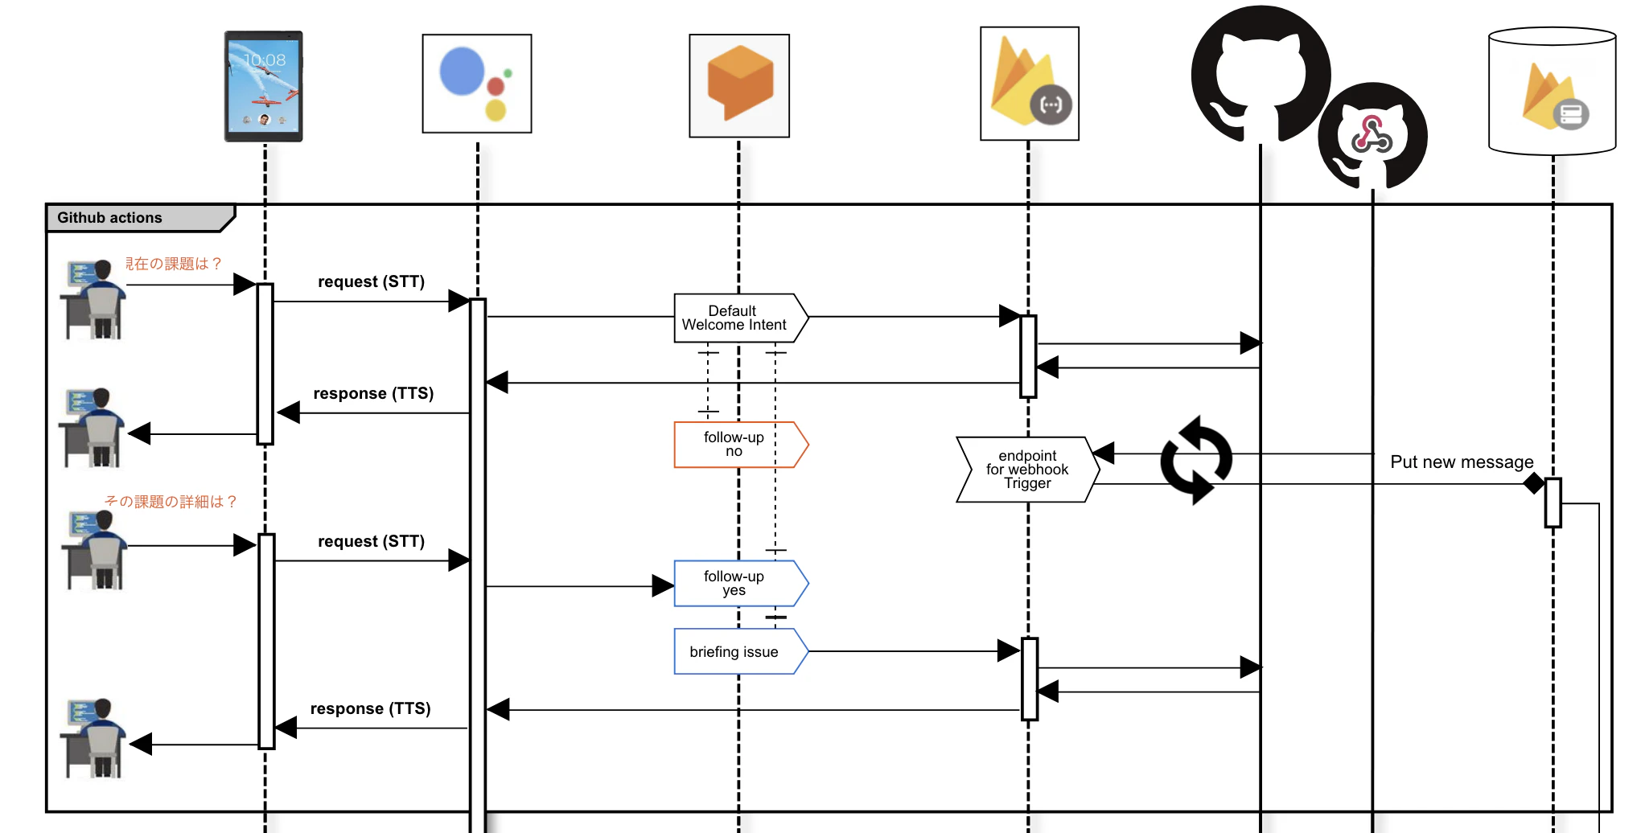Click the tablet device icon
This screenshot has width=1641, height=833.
pyautogui.click(x=264, y=86)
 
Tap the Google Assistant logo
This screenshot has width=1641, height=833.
pyautogui.click(x=477, y=84)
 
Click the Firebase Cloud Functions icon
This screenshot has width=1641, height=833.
pyautogui.click(x=1030, y=84)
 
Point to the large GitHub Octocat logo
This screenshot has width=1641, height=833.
pyautogui.click(x=1261, y=74)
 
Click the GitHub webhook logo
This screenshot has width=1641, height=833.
pyautogui.click(x=1372, y=135)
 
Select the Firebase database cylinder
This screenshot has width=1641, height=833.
pyautogui.click(x=1552, y=91)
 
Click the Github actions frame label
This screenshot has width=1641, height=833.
pyautogui.click(x=109, y=218)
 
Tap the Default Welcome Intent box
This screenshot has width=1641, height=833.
pyautogui.click(x=741, y=318)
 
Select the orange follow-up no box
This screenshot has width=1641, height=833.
pyautogui.click(x=741, y=445)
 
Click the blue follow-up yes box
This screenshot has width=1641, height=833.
pyautogui.click(x=741, y=583)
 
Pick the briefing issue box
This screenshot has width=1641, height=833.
pyautogui.click(x=741, y=651)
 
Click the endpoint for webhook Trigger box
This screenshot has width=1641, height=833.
pyautogui.click(x=1027, y=470)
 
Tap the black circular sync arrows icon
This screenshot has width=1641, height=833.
pyautogui.click(x=1196, y=460)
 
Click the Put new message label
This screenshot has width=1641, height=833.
pyautogui.click(x=1462, y=462)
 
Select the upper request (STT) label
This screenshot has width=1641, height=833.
pyautogui.click(x=371, y=281)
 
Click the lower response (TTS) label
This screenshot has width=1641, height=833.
pyautogui.click(x=370, y=708)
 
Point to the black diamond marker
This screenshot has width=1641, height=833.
pyautogui.click(x=1534, y=483)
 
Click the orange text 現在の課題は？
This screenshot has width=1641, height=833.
pyautogui.click(x=173, y=264)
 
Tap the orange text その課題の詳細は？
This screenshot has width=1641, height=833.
pyautogui.click(x=171, y=502)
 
